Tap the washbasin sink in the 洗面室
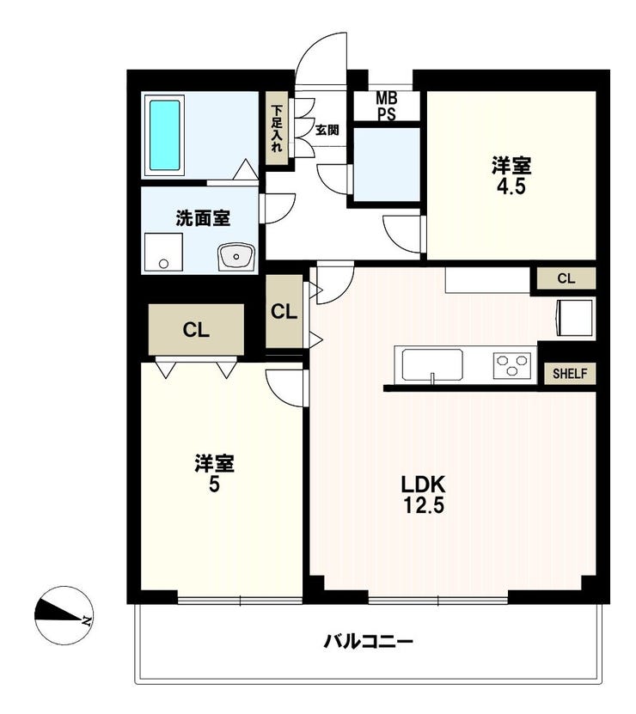[235, 256]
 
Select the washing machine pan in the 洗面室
[163, 253]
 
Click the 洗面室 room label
[203, 218]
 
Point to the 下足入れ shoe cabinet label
[277, 128]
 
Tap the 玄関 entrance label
[327, 130]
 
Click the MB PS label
[387, 106]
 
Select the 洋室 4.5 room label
[511, 175]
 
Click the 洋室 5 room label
[214, 473]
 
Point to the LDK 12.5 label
[423, 494]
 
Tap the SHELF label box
[570, 374]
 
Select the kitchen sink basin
[432, 364]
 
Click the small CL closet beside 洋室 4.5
[566, 278]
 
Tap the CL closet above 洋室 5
[196, 330]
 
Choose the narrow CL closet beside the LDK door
[284, 312]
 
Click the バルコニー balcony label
[368, 642]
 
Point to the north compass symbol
[64, 615]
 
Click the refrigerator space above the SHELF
[574, 318]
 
